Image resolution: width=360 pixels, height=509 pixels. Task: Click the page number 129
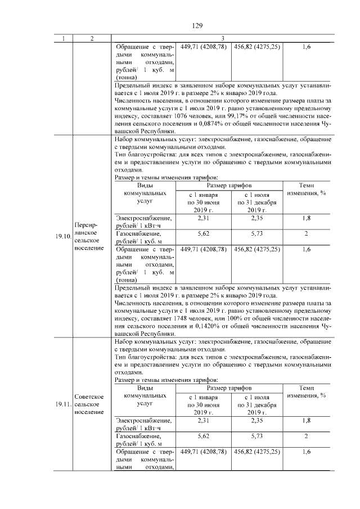point(197,26)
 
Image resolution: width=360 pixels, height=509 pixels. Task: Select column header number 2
point(91,38)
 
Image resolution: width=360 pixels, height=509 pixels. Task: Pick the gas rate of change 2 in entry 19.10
point(306,233)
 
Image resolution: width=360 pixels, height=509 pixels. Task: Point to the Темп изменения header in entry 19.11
point(306,392)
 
